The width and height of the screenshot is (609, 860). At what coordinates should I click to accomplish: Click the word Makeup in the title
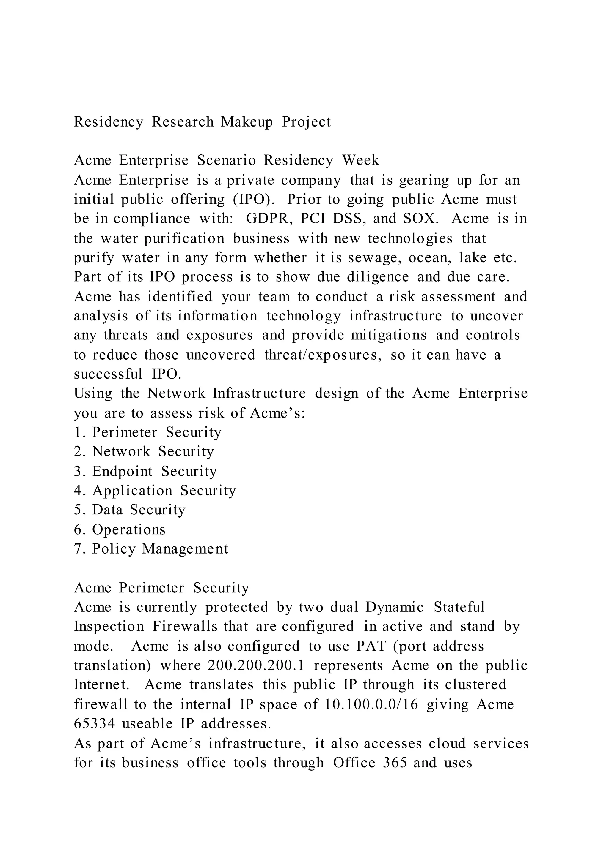[x=247, y=122]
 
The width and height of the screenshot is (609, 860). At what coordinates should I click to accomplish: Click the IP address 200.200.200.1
[x=256, y=665]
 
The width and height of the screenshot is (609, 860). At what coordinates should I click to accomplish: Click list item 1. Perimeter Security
[x=148, y=432]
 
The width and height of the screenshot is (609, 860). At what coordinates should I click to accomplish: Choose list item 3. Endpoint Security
[x=145, y=471]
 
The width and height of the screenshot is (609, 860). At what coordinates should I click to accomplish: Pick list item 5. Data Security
[x=130, y=510]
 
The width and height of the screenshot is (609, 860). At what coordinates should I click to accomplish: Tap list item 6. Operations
[x=120, y=530]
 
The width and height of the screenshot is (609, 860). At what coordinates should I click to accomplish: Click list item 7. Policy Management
[x=151, y=549]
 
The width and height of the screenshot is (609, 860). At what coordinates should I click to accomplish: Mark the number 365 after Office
[x=395, y=763]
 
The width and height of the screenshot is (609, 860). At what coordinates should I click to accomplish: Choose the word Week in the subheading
[x=360, y=160]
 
